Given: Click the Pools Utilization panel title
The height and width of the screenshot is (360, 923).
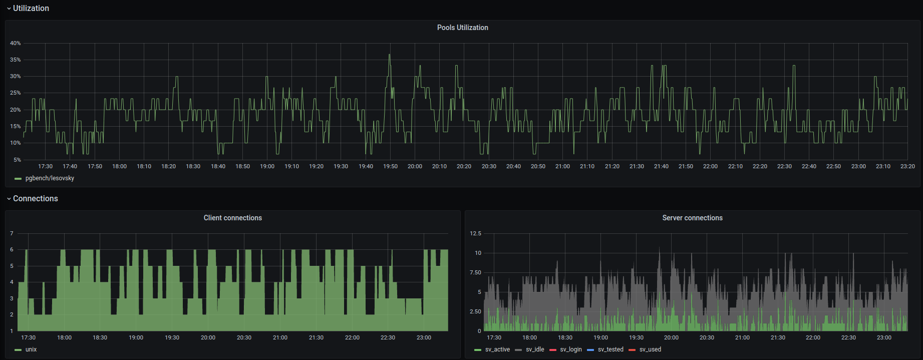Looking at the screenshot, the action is coord(462,28).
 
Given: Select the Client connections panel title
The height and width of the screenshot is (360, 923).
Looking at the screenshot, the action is coord(232,218).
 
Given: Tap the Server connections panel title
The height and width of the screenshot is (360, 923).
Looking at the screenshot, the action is coord(692,218).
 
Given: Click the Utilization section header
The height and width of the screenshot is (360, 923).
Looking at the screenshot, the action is coord(31,8).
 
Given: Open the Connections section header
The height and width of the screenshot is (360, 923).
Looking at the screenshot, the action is coord(36,198).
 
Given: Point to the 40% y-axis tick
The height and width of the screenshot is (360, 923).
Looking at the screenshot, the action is coord(16,43).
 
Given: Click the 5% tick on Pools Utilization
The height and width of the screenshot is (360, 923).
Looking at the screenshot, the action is coord(17,160).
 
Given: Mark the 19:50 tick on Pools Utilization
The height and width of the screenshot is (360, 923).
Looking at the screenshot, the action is coord(390,166).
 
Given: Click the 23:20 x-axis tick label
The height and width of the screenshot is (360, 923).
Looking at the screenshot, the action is coord(907,166).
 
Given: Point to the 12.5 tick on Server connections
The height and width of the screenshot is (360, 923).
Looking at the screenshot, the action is coord(475,233).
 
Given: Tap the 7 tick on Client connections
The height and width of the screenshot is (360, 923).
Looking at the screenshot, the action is coord(12,233).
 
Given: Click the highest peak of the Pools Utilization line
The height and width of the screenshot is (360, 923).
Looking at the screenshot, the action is coord(389,55).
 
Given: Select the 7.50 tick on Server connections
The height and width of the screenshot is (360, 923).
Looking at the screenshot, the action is coord(475,272).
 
